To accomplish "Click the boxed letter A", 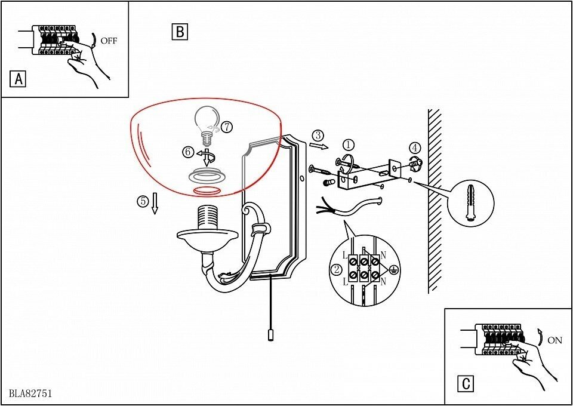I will click(x=19, y=79).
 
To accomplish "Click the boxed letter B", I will click(x=180, y=32).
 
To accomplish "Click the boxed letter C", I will click(x=465, y=384).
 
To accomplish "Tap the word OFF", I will click(x=109, y=41).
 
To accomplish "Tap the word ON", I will click(x=554, y=341).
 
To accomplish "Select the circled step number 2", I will click(x=337, y=269).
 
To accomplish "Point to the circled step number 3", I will click(x=318, y=135).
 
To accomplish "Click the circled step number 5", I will click(x=143, y=201).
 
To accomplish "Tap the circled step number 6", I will click(x=187, y=152).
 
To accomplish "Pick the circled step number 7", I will click(x=226, y=127).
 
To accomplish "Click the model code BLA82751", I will click(x=30, y=393).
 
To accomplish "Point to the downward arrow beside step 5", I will click(x=155, y=204).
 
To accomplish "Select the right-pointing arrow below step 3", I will click(x=319, y=146).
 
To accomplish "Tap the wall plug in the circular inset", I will click(x=471, y=202).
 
